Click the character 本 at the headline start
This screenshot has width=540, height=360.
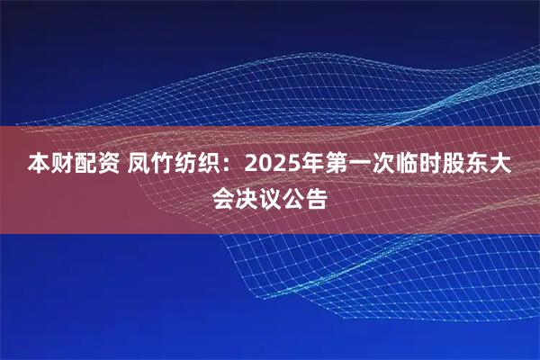(x=38, y=166)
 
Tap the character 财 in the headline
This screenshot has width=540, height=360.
(x=62, y=166)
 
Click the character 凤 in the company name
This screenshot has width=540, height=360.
(x=142, y=166)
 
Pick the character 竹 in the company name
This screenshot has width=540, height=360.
(x=166, y=166)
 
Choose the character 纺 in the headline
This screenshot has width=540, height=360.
(x=191, y=166)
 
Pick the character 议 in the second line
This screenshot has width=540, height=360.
(x=270, y=196)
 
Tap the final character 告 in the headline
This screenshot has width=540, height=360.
(x=318, y=196)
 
